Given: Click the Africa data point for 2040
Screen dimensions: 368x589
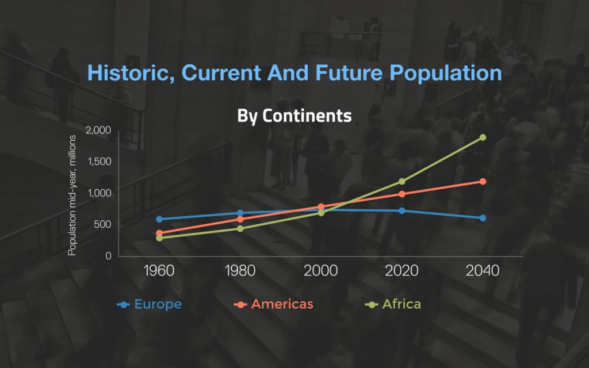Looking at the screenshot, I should click(483, 137).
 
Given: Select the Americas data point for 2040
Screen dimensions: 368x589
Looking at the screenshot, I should click(483, 182).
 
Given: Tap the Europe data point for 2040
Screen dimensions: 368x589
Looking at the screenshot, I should click(483, 218).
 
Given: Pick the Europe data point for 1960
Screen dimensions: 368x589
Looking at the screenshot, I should click(159, 219).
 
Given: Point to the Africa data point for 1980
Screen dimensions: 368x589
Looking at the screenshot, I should click(240, 228).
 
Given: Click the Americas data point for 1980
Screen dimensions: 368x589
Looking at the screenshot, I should click(240, 219).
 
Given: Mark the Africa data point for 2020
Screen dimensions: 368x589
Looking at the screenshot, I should click(402, 182).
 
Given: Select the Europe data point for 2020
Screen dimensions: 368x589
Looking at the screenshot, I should click(402, 210).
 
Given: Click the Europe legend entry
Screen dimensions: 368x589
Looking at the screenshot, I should click(150, 304).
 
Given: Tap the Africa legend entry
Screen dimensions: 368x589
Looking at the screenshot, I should click(394, 304).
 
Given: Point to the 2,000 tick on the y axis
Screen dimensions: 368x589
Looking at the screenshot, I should click(98, 131).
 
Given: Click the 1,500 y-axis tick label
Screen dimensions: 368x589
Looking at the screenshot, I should click(99, 162).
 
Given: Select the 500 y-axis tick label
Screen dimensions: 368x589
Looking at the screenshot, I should click(102, 225).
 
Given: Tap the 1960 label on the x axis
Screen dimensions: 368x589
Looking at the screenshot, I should click(159, 271).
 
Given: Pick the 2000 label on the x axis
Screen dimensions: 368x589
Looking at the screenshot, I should click(321, 271).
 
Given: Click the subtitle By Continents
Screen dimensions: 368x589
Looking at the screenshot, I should click(294, 116).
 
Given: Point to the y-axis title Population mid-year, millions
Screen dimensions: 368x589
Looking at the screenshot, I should click(72, 195).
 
